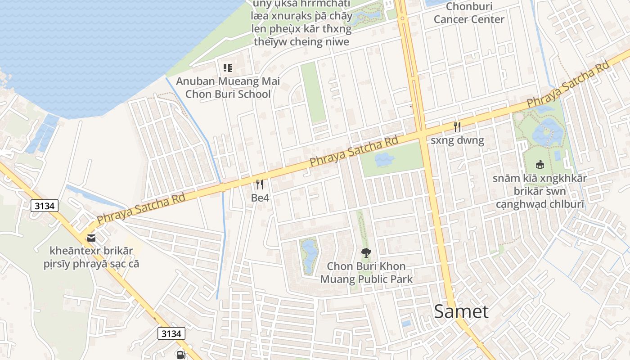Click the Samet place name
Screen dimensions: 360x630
tap(461, 311)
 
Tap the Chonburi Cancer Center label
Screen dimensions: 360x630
tap(469, 13)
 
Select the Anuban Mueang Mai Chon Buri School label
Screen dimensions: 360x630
tap(228, 88)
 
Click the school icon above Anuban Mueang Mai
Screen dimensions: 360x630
tap(228, 68)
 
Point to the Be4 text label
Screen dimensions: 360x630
tap(260, 198)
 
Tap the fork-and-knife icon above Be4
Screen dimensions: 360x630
tap(259, 184)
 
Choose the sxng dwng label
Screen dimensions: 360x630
tap(457, 140)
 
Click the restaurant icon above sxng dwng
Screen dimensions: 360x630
tap(457, 126)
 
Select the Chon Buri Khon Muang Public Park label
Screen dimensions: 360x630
tap(366, 273)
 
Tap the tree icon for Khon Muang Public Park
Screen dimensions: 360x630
tap(366, 253)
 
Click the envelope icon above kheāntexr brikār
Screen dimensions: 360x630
tap(91, 238)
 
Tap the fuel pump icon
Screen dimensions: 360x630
tap(181, 355)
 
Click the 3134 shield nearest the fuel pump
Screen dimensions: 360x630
tap(171, 333)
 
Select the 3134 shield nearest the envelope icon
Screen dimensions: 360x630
tap(45, 206)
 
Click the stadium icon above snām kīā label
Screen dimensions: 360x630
tap(540, 165)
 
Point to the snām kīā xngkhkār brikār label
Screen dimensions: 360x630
tap(540, 191)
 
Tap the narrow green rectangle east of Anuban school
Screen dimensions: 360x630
tap(313, 92)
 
